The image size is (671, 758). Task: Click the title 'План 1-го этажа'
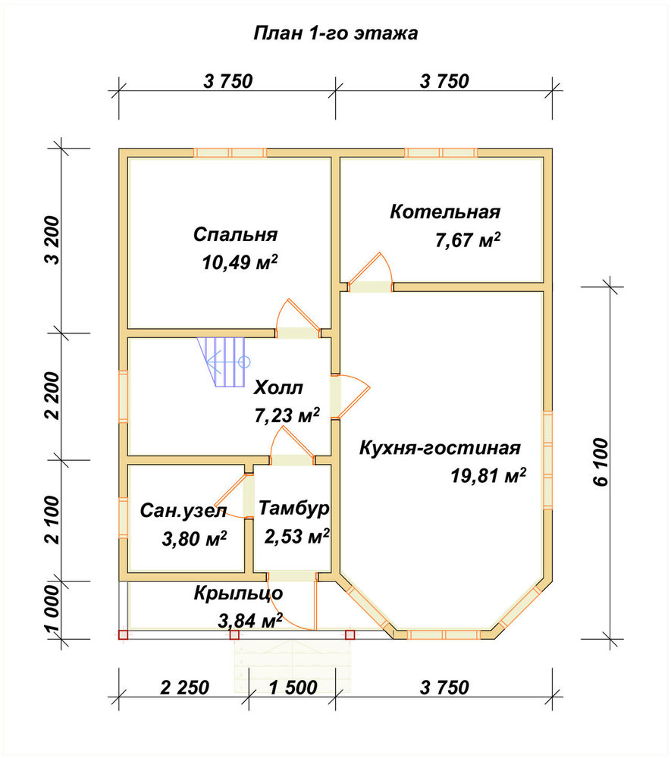[335, 33]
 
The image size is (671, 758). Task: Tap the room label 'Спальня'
[236, 234]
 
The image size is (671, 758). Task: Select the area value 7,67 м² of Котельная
[468, 240]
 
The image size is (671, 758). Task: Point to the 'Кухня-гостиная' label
[440, 448]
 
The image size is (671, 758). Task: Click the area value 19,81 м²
[488, 476]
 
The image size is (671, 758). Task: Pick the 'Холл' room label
[278, 387]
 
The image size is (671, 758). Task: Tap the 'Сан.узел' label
[183, 510]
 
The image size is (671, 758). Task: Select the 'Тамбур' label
[294, 508]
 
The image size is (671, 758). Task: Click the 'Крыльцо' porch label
[238, 594]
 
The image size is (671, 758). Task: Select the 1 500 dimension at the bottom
[293, 687]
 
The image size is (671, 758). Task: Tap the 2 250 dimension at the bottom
[185, 687]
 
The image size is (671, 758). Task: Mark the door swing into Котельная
[372, 268]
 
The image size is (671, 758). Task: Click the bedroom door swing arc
[298, 315]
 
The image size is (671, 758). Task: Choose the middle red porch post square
[234, 634]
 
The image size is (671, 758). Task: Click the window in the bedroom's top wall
[230, 153]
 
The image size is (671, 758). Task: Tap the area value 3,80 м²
[194, 538]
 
